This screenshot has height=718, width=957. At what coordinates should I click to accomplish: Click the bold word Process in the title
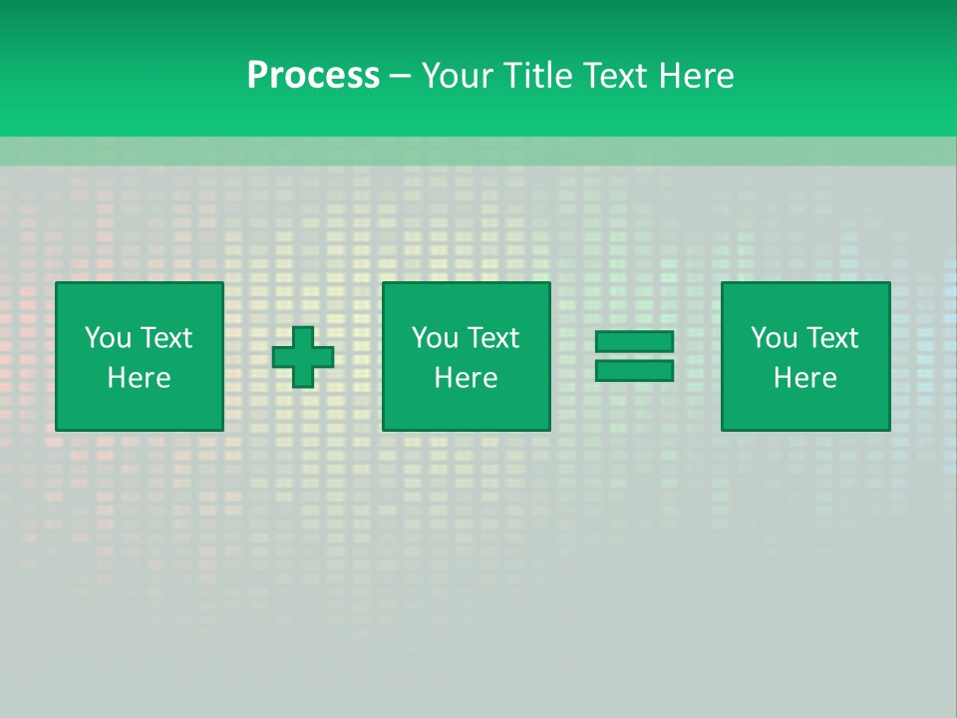[313, 76]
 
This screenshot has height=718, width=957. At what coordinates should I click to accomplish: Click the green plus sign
[303, 357]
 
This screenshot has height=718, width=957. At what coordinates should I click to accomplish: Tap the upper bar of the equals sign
[634, 342]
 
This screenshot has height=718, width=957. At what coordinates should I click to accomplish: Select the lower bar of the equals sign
[634, 371]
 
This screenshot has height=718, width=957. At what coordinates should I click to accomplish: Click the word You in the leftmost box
[108, 338]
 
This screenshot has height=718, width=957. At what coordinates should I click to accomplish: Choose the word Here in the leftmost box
[139, 378]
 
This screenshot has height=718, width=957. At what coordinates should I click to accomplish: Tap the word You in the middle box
[435, 338]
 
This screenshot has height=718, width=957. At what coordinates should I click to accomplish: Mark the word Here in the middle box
[466, 378]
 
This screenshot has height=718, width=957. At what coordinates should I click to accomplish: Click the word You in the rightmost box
[774, 338]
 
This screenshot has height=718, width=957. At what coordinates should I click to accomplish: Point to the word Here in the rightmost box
[804, 378]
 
